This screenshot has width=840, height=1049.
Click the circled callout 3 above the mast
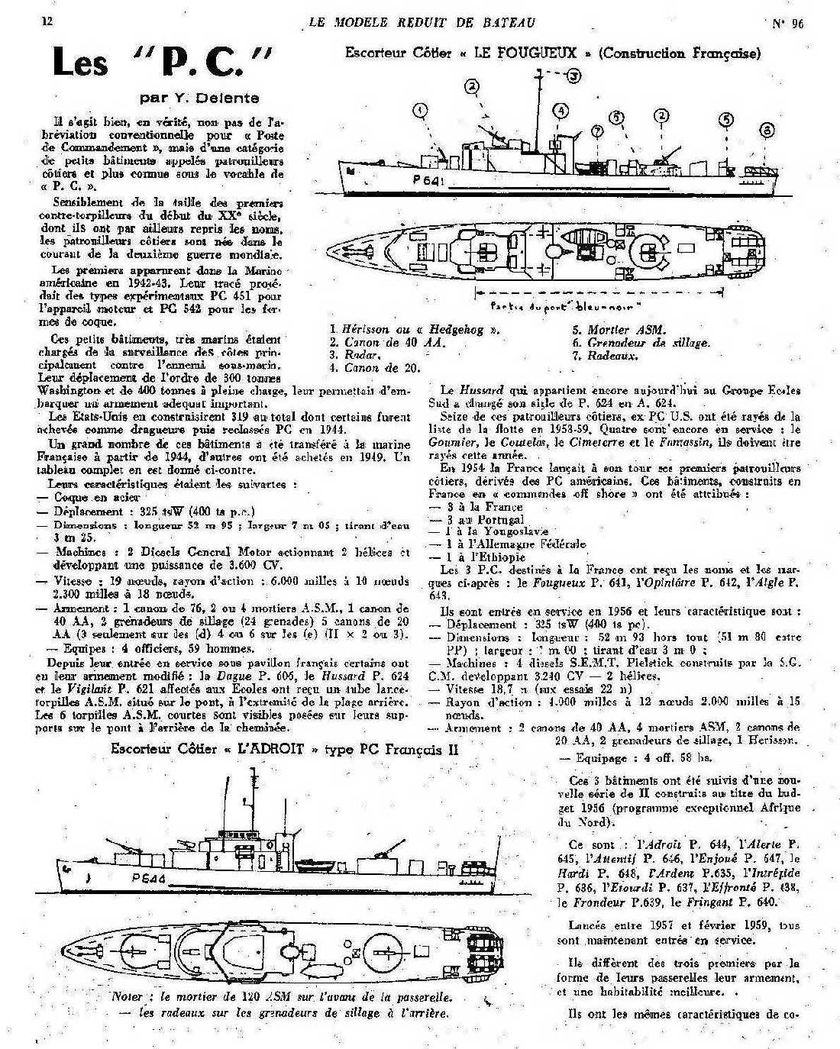click(x=573, y=75)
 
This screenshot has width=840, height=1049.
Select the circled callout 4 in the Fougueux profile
click(x=560, y=111)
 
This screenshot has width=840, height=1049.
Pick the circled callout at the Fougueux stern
click(x=767, y=131)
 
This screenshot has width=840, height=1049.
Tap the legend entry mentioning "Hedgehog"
click(x=416, y=330)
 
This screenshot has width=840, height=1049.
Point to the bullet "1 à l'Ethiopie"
click(x=482, y=557)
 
